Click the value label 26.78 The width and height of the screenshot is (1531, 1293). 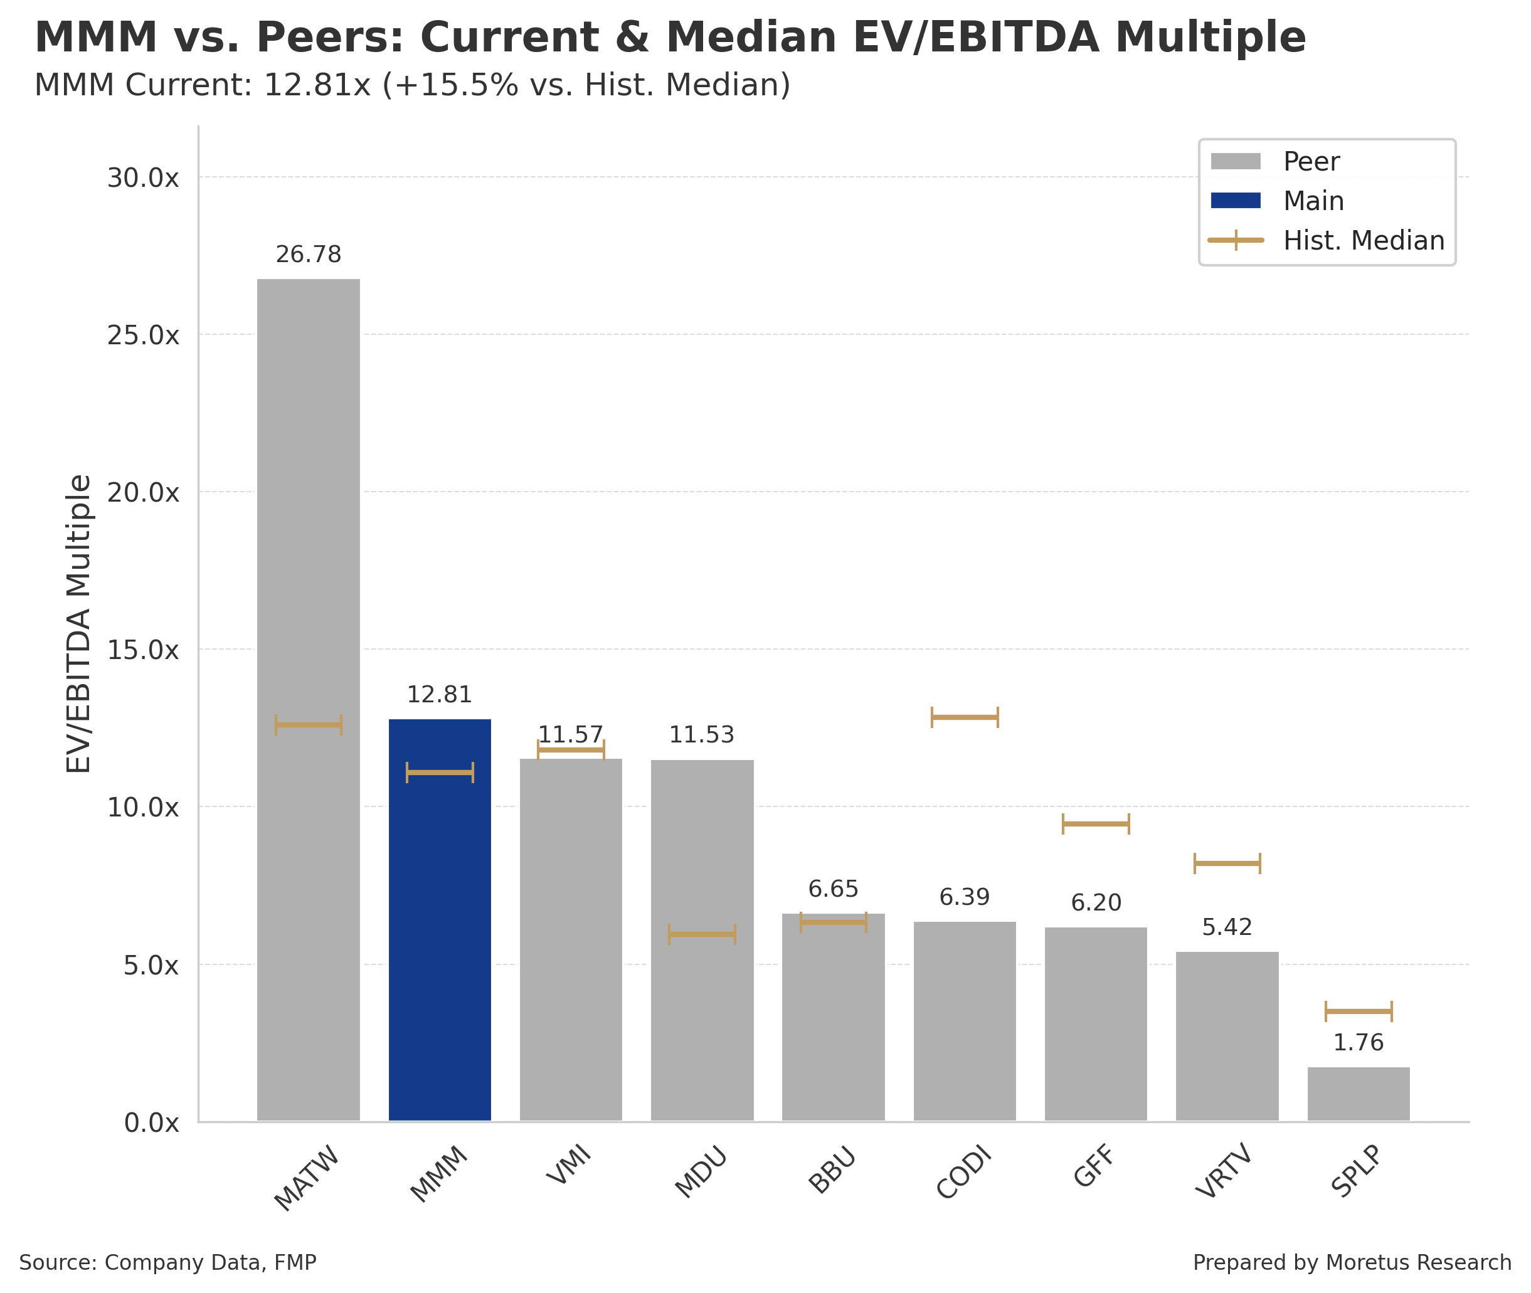click(x=308, y=255)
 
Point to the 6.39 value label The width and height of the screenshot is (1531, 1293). click(x=964, y=897)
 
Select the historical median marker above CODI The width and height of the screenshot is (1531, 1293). click(x=964, y=717)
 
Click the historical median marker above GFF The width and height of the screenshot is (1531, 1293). click(x=1096, y=824)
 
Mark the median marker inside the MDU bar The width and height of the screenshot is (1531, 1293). click(x=702, y=934)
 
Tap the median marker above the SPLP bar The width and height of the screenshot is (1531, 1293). click(x=1358, y=1011)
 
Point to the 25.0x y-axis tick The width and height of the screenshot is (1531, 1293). click(x=143, y=335)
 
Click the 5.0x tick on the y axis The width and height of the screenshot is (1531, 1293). click(x=151, y=965)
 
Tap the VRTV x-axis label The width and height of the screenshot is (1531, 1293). click(x=1224, y=1173)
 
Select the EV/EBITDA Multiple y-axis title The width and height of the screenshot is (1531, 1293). click(x=78, y=623)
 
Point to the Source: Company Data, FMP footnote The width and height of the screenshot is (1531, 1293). click(x=167, y=1262)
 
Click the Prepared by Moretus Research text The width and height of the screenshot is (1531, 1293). click(x=1352, y=1262)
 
